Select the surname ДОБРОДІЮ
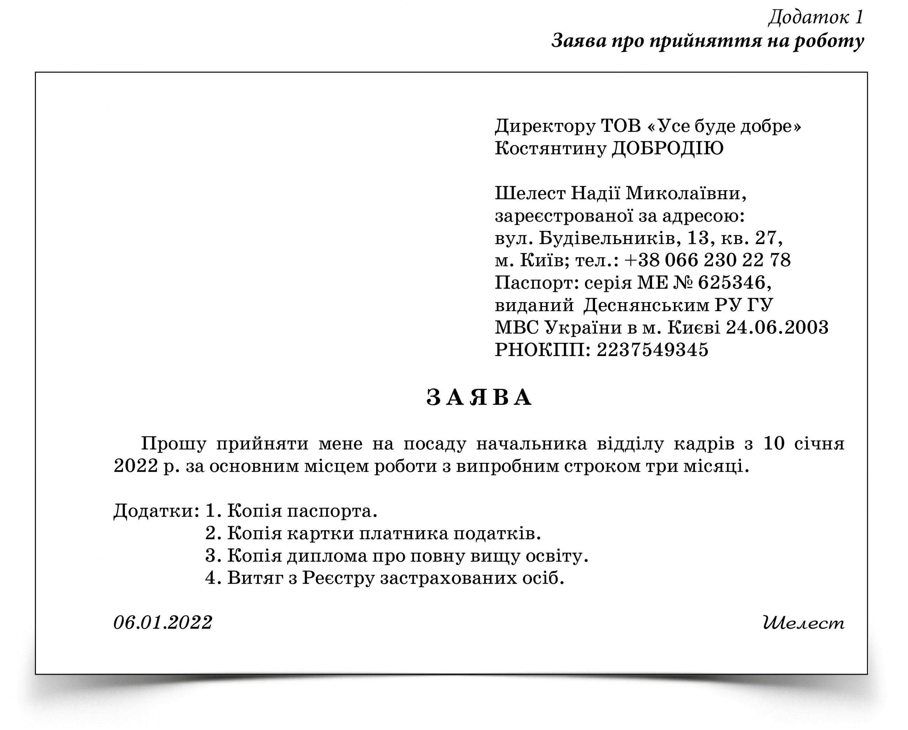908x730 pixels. pos(667,149)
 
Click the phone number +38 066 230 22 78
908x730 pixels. pos(707,260)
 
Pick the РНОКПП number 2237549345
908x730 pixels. pos(652,350)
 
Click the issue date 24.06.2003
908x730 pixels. pos(777,327)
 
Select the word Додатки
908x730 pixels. pos(154,511)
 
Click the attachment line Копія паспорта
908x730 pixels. pos(302,511)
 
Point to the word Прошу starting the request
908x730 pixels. pos(174,444)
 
